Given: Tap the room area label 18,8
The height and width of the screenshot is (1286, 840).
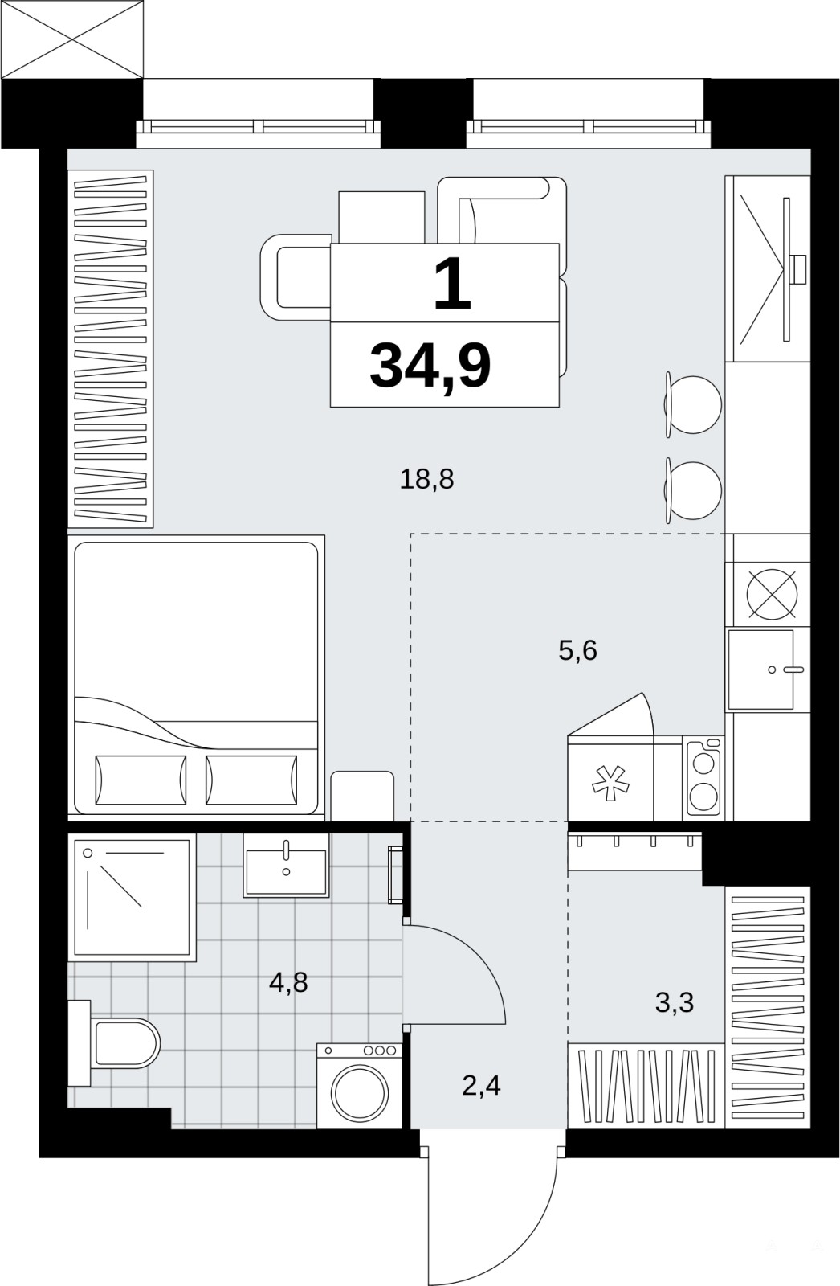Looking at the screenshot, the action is pos(426,479).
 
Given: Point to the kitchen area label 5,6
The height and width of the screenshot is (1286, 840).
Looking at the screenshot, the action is pos(577,651).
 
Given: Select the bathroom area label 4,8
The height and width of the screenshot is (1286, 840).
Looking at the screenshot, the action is pos(288,982).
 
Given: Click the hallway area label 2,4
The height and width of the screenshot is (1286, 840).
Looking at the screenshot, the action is pos(481,1086).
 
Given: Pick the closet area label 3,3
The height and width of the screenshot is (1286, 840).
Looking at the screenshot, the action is pos(675,1002).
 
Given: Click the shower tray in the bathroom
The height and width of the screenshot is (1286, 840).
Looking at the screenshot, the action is pos(132,897).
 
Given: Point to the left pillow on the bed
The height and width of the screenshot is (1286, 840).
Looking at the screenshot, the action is pos(141,780).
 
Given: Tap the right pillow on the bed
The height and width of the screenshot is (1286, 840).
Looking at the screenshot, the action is pos(251,780).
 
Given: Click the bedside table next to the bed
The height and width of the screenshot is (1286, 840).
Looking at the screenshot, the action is pos(362,796).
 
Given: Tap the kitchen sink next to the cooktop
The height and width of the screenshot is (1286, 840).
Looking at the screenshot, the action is pos(761,670).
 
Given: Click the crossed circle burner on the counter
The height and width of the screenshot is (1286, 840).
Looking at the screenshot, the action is pos(773,595).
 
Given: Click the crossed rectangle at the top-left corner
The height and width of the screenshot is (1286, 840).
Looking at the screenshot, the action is pos(71,39).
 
